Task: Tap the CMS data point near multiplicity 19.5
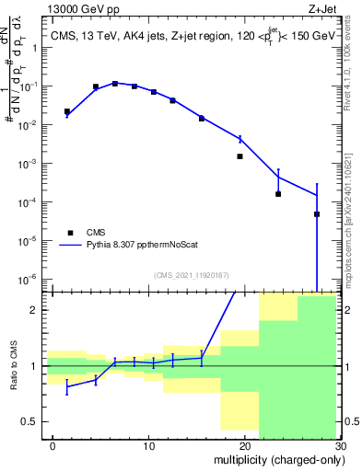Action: (239, 156)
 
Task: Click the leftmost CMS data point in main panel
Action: (66, 111)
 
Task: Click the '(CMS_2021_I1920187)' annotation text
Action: (192, 274)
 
